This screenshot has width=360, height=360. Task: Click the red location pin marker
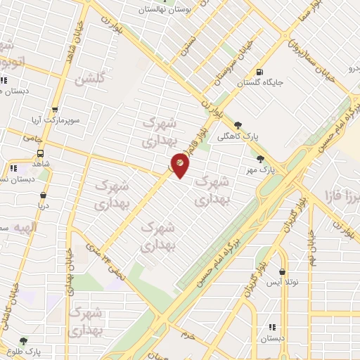[180, 167]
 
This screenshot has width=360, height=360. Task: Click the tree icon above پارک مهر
[262, 159]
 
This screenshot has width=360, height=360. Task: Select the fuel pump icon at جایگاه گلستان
[260, 72]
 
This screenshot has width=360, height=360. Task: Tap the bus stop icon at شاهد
[40, 153]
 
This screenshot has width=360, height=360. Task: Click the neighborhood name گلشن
[93, 79]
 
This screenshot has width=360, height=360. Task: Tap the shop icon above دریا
[44, 195]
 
